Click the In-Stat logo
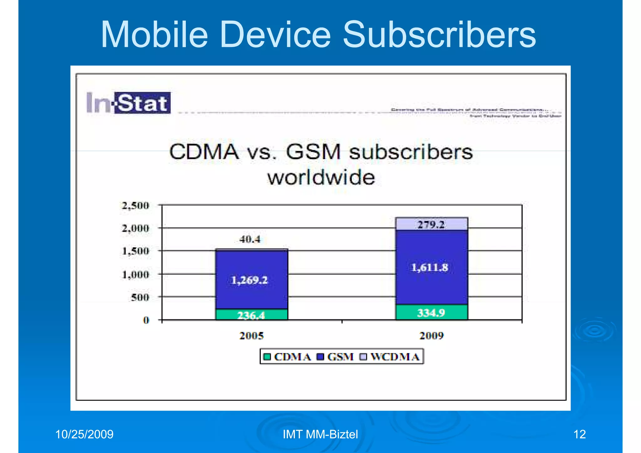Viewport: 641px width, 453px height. (128, 103)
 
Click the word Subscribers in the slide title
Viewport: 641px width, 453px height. (439, 34)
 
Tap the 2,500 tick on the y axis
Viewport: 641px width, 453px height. (136, 206)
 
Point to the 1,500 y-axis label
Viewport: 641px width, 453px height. (136, 251)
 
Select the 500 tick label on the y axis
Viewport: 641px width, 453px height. (140, 297)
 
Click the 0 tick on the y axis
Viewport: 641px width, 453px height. (146, 320)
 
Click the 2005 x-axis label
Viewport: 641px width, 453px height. (252, 336)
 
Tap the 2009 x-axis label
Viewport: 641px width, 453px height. (432, 336)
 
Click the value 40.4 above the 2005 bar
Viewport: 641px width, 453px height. (250, 239)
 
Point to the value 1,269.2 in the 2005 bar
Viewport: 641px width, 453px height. (249, 280)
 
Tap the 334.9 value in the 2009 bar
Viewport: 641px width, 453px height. (431, 313)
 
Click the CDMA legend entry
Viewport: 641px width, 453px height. (287, 357)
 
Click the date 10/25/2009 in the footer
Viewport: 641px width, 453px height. (84, 435)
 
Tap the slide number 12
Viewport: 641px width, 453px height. (579, 435)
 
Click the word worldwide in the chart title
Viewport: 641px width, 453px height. (321, 178)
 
